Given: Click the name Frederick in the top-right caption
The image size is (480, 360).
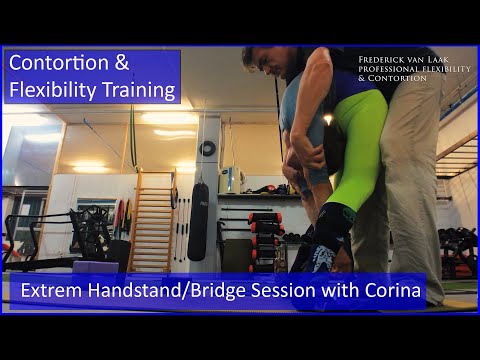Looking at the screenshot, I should point(384,59).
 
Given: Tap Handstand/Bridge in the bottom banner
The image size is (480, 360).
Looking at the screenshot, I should point(178,294).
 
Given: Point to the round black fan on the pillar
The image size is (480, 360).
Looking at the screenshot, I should point(207,148).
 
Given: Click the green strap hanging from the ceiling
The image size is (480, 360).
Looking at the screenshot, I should point(131,140).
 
